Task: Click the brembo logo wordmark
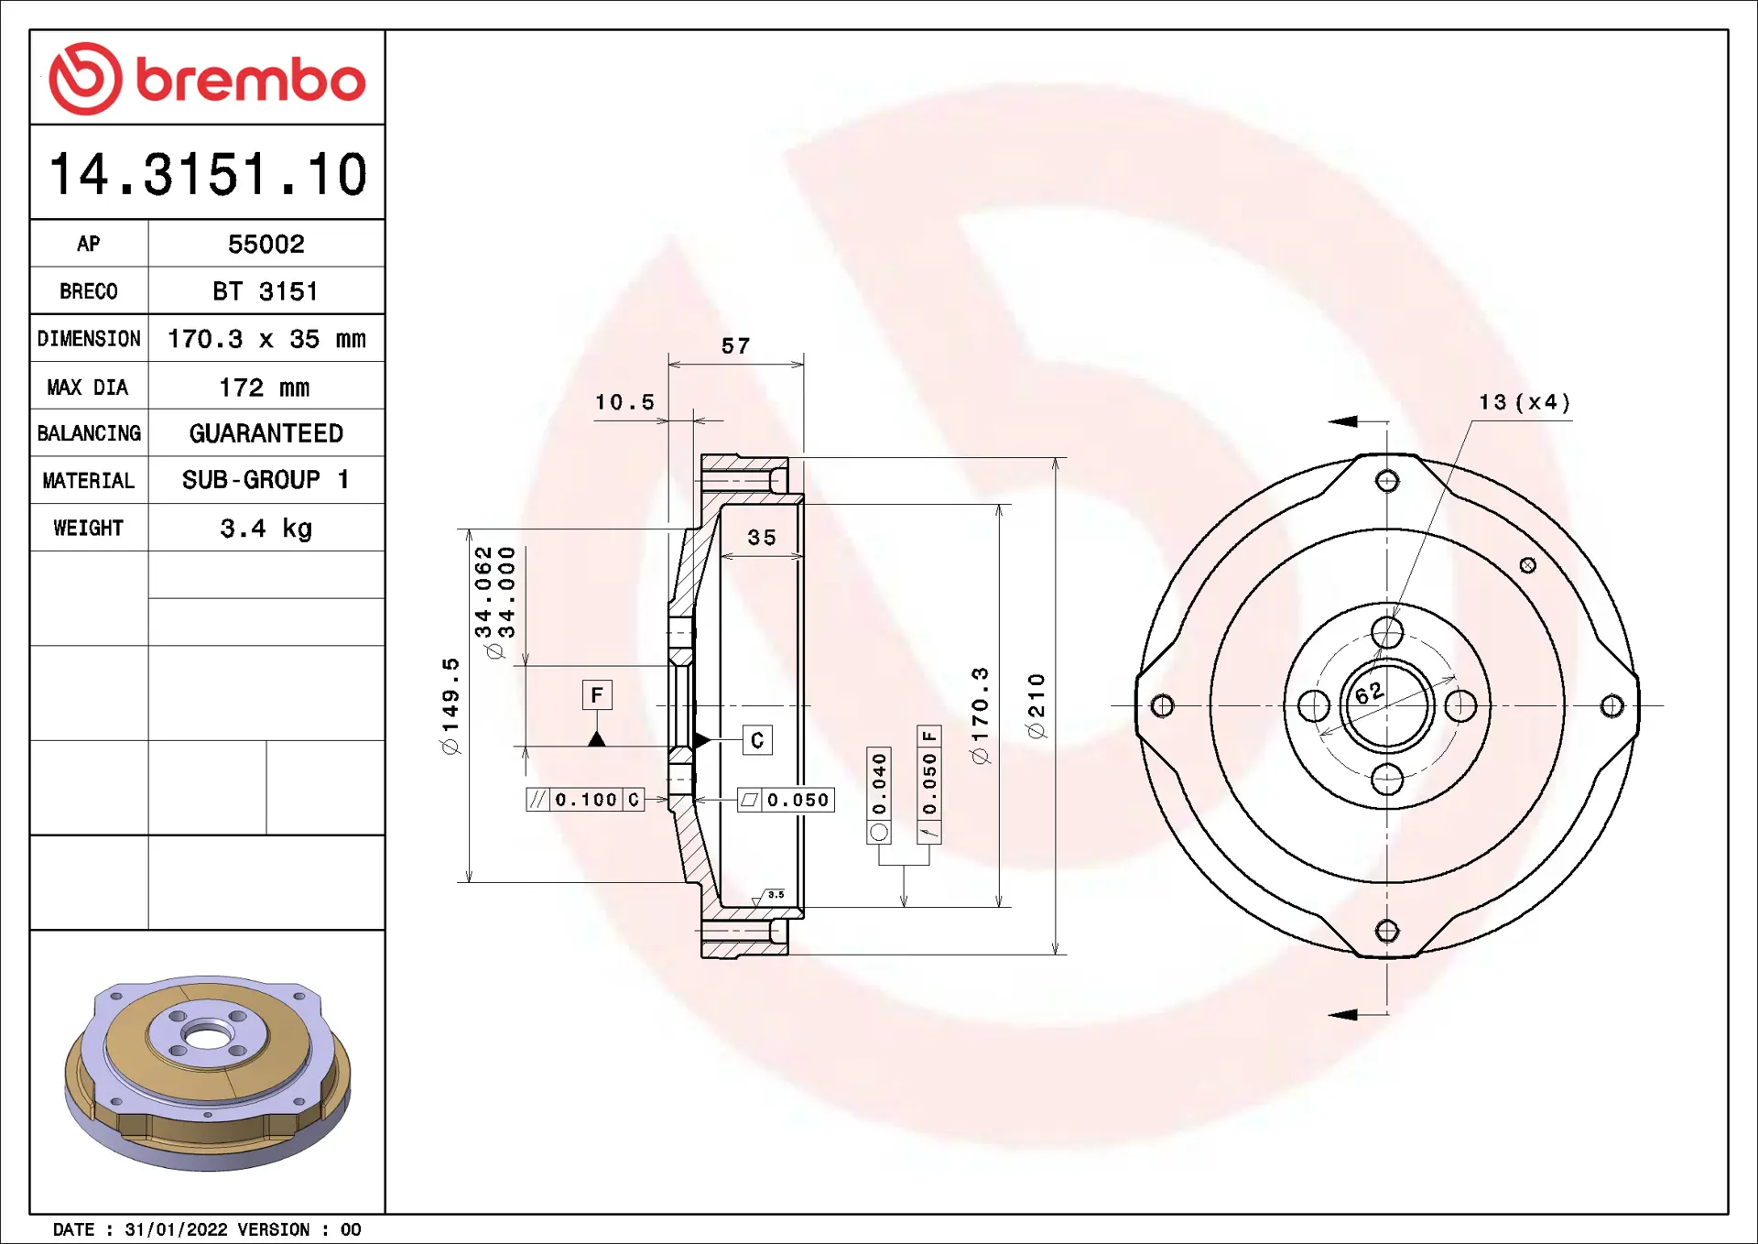[250, 80]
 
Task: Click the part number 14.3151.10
[208, 174]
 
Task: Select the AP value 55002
[266, 244]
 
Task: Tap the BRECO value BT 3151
[266, 291]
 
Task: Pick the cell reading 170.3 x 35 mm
[266, 339]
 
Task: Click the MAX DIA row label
[88, 387]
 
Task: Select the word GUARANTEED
[266, 433]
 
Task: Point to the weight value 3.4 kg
[266, 529]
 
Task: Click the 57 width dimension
[735, 346]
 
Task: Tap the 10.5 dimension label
[625, 402]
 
